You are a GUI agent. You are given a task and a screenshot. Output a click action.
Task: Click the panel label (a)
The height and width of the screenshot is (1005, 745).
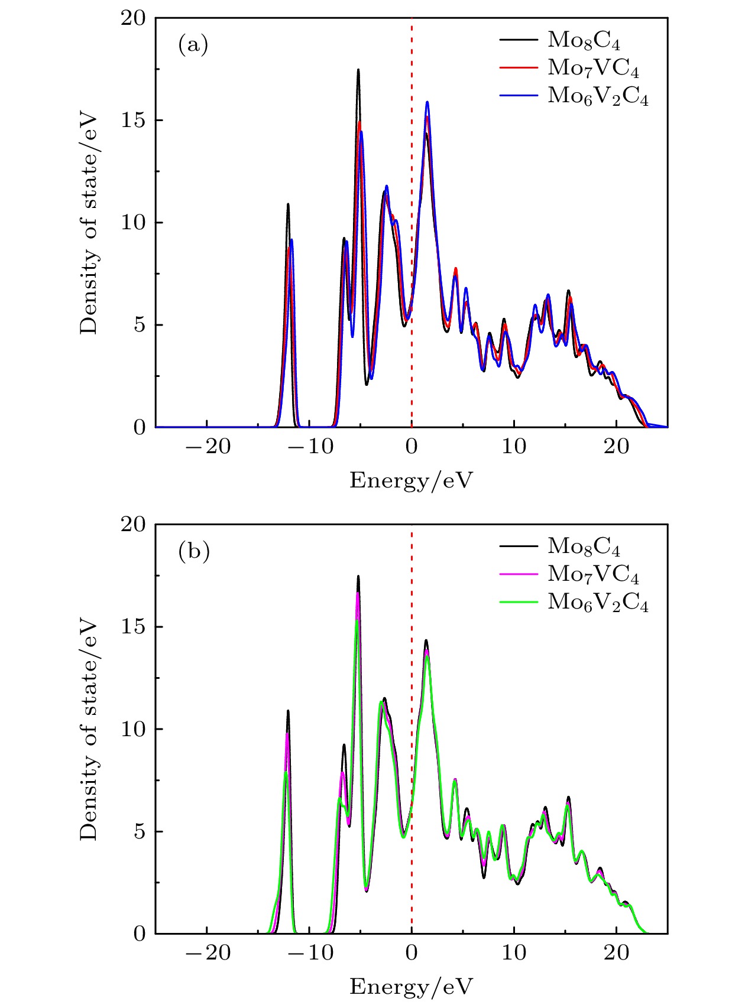click(193, 45)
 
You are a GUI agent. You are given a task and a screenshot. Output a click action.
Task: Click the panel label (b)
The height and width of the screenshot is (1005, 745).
click(194, 551)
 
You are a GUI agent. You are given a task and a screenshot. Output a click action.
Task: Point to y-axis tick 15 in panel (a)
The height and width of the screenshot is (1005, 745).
click(133, 121)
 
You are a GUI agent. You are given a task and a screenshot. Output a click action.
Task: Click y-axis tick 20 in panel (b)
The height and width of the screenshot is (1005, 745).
click(133, 525)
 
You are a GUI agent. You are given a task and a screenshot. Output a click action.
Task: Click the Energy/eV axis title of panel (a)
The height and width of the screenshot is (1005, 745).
click(412, 480)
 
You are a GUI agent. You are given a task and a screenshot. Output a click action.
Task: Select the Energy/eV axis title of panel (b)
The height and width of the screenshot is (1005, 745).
click(412, 987)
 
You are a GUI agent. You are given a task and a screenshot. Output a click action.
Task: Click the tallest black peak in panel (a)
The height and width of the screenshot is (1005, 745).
click(358, 70)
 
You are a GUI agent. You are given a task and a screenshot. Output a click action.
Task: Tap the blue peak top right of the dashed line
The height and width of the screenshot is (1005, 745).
click(426, 102)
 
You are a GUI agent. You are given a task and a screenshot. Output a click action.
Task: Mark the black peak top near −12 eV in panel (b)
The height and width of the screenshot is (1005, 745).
click(288, 711)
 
